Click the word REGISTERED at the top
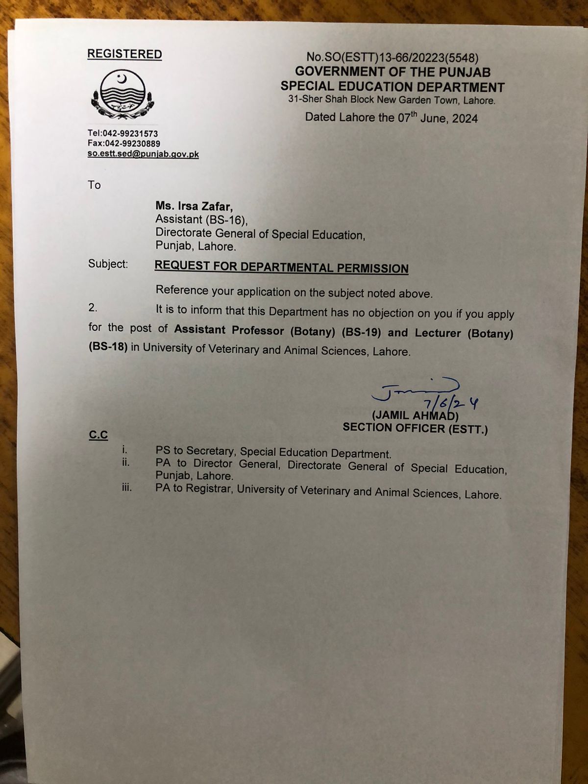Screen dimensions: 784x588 point(124,54)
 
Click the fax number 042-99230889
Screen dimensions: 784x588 point(132,144)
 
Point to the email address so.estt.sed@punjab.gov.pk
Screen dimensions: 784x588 point(143,154)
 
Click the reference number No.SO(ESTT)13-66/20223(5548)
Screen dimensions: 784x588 point(392,58)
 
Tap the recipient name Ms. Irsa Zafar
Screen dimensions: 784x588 point(195,206)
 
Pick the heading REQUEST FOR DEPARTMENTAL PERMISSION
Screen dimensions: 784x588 point(281,268)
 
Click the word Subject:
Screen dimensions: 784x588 point(108,264)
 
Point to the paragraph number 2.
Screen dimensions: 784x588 point(93,307)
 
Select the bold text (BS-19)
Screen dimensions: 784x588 point(361,332)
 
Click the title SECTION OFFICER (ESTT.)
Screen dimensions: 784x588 point(415,428)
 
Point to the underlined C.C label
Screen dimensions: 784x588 point(98,435)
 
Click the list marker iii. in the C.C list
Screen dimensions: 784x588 point(127,488)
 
